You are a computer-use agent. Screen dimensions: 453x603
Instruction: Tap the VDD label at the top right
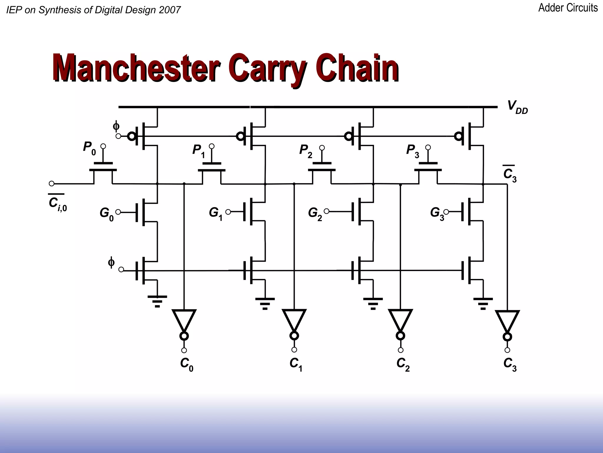[x=517, y=107]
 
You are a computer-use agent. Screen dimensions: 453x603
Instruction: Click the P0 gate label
[x=89, y=148]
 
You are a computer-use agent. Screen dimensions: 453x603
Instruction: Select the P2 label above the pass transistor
[x=306, y=151]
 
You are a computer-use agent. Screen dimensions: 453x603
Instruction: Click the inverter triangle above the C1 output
[x=294, y=320]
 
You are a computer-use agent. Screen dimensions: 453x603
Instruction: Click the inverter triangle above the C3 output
[x=507, y=321]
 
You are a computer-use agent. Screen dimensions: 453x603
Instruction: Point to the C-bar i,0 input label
[x=57, y=203]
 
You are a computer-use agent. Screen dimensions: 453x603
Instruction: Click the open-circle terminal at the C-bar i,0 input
[x=52, y=183]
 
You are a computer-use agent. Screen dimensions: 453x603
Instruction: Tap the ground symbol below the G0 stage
[x=157, y=301]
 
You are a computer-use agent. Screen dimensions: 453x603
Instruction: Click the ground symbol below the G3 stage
[x=483, y=303]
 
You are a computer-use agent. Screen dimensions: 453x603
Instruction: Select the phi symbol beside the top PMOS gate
[x=116, y=126]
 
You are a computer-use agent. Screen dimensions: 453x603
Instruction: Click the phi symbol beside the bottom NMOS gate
[x=111, y=262]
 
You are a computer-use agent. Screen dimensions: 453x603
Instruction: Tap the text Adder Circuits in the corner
[x=568, y=8]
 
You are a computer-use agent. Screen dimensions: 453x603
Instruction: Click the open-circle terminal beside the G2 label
[x=326, y=211]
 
